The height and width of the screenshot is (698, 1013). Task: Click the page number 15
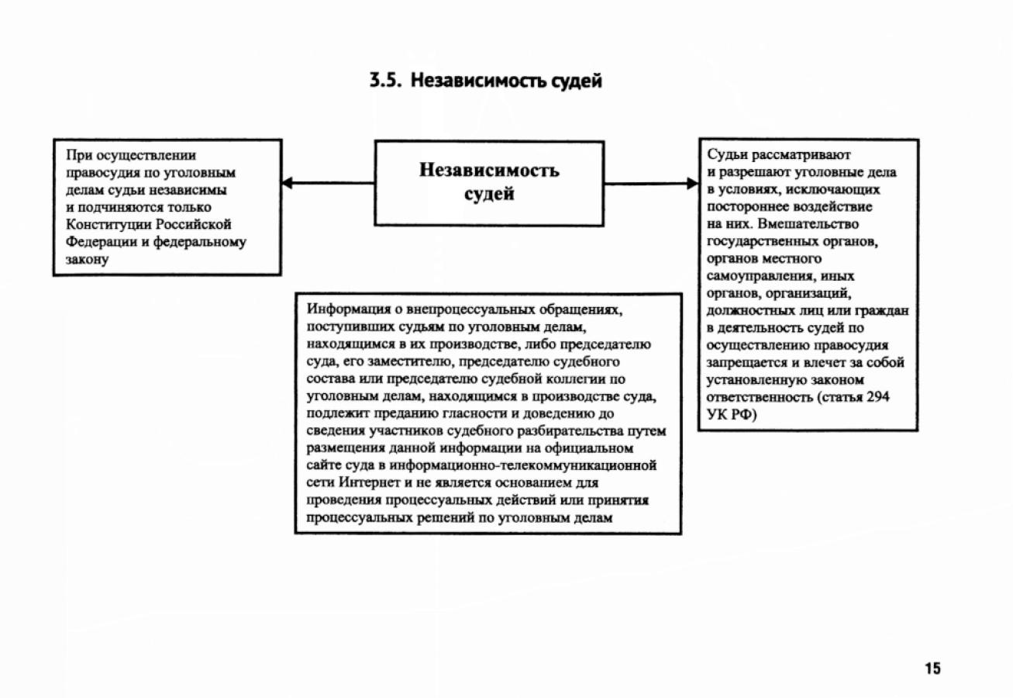932,668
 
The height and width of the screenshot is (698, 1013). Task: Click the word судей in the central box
489,194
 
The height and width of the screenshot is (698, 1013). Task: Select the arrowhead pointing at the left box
287,184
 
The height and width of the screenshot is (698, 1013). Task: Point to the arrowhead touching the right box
691,184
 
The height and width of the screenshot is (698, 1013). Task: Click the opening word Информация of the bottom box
345,310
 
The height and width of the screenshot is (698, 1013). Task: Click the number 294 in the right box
878,396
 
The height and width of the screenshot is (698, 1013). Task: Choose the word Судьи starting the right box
725,156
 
